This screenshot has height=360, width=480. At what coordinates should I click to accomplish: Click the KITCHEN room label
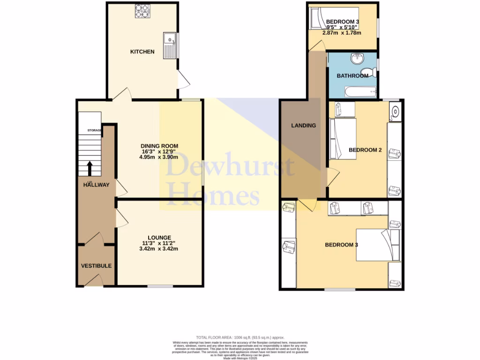tap(142, 52)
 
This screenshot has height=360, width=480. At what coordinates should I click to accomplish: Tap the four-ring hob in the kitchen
tap(142, 11)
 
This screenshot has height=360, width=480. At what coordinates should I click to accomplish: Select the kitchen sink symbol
tap(169, 46)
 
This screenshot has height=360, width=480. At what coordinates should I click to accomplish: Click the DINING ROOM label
tap(159, 146)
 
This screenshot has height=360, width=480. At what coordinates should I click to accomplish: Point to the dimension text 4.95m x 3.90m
tap(159, 157)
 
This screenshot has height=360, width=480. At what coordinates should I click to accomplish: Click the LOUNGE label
tap(158, 238)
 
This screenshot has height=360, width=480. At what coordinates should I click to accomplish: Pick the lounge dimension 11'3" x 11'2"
tap(158, 243)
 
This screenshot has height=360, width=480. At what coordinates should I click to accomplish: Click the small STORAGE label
tap(94, 130)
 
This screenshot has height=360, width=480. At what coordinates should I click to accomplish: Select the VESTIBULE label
tap(96, 266)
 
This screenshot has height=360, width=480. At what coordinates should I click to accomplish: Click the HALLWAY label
tap(96, 185)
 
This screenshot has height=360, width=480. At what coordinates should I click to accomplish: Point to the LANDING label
tap(303, 126)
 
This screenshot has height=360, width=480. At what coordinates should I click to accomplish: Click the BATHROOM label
tap(352, 76)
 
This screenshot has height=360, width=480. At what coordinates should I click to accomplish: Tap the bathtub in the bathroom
tap(360, 91)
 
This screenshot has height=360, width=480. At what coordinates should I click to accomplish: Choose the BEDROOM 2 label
tap(365, 150)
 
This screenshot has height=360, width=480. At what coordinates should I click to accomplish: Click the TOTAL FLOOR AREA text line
tap(240, 337)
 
